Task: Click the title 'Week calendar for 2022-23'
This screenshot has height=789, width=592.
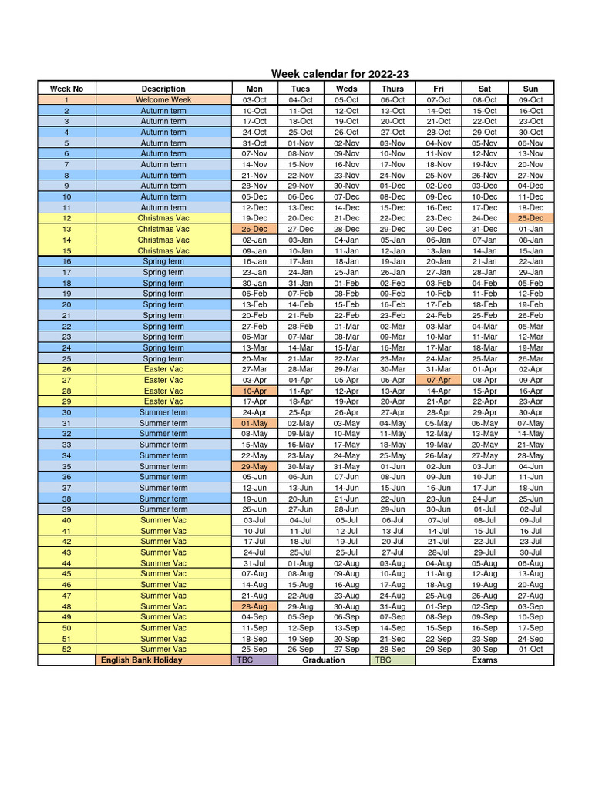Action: coord(339,74)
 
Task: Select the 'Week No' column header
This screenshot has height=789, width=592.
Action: coord(66,89)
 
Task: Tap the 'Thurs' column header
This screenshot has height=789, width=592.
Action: coord(392,89)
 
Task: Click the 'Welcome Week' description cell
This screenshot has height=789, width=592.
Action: coord(163,99)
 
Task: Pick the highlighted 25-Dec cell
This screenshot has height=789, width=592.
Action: coord(530,218)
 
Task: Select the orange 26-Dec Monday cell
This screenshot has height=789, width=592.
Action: coord(254,229)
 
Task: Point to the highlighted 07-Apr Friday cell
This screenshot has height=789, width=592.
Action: coord(439,380)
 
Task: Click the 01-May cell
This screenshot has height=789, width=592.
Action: coord(254,423)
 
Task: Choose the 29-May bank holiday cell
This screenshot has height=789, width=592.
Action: coord(254,466)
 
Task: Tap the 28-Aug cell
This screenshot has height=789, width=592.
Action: coord(254,606)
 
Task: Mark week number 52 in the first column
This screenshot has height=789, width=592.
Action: coord(66,649)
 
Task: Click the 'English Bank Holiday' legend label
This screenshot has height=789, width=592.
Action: coord(142,660)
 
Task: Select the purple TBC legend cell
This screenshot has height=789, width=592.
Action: coord(254,660)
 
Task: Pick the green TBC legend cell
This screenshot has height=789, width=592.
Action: coord(392,660)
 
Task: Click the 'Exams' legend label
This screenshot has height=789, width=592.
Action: coord(484,660)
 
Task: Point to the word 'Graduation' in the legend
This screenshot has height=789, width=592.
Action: coord(324,660)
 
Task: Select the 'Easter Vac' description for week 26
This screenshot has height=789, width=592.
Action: coord(163,369)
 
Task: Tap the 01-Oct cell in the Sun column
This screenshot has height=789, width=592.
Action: coord(530,649)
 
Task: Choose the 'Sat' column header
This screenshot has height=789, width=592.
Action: coord(484,89)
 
